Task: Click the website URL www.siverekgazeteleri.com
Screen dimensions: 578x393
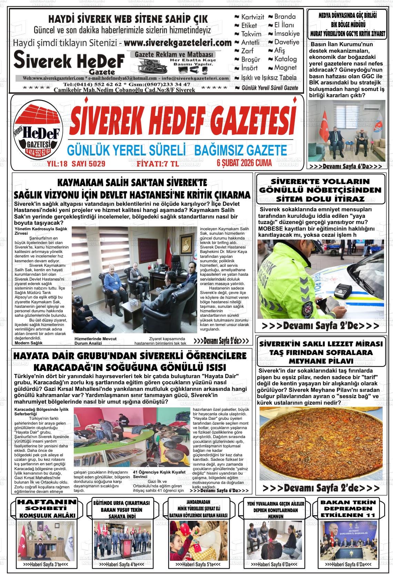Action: pyautogui.click(x=177, y=43)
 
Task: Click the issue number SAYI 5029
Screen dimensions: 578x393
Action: pyautogui.click(x=88, y=164)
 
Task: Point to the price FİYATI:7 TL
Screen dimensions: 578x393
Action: pyautogui.click(x=158, y=164)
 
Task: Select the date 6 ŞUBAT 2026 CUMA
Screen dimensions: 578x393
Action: pyautogui.click(x=244, y=163)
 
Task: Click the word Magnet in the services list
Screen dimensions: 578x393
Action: pyautogui.click(x=285, y=68)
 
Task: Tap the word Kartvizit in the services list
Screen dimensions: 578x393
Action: pyautogui.click(x=252, y=17)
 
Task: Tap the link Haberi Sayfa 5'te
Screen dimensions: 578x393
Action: pyautogui.click(x=198, y=565)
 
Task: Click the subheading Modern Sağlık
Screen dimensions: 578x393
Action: pyautogui.click(x=29, y=343)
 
